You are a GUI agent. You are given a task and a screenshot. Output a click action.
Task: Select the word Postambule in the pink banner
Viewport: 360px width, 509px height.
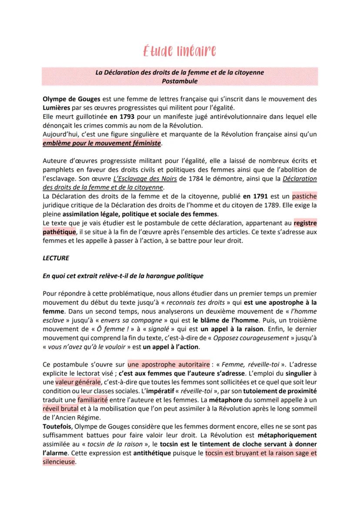(180, 81)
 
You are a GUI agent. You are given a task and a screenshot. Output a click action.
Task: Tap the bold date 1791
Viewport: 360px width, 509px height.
(253, 196)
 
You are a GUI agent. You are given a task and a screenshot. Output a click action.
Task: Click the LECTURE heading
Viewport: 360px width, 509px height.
(56, 258)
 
